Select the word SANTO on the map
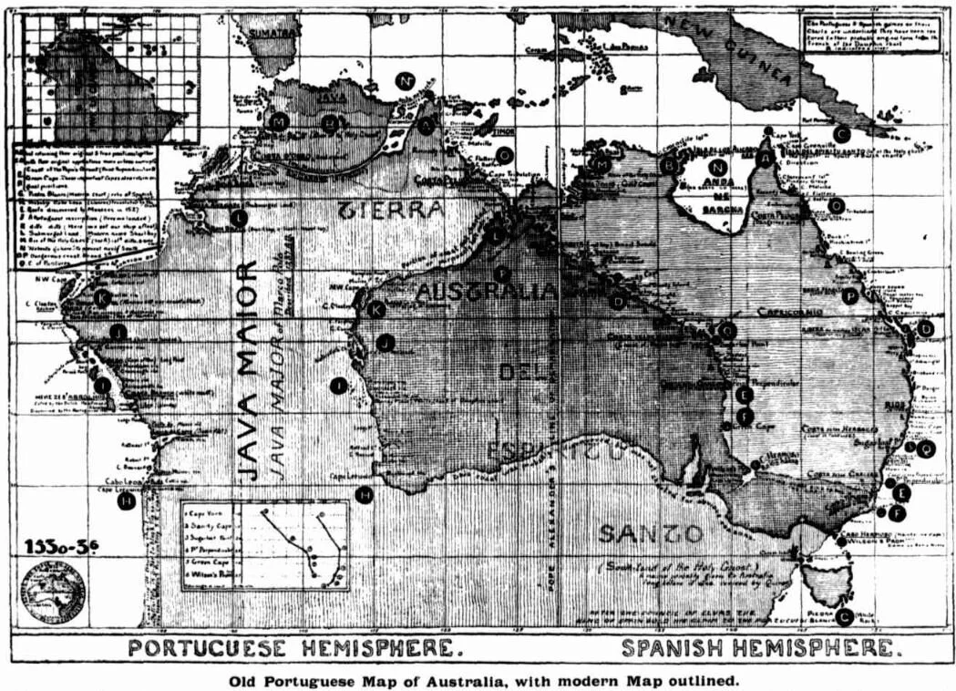(x=650, y=533)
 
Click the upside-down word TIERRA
(x=393, y=210)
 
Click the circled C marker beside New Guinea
(x=842, y=133)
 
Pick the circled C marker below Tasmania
(x=844, y=617)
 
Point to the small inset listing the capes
(x=264, y=544)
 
